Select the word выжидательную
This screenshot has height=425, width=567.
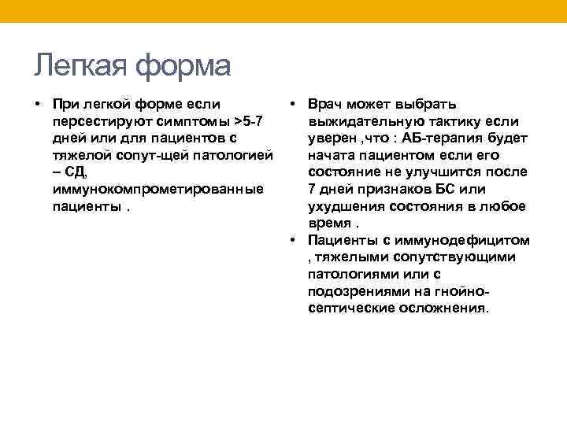pos(362,121)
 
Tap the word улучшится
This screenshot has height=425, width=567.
pos(452,172)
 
